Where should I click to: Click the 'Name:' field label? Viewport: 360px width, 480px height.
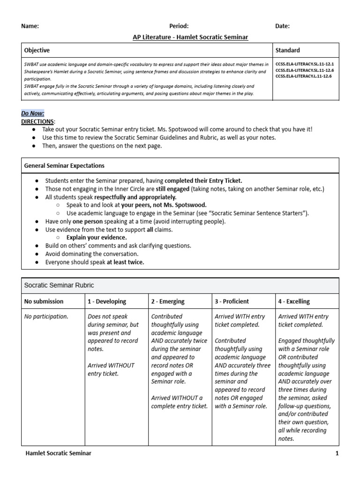pos(30,26)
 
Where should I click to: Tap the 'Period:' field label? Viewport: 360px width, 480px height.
pos(179,26)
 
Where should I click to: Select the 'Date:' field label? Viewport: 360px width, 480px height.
pos(282,26)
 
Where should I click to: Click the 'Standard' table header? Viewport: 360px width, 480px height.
pos(288,50)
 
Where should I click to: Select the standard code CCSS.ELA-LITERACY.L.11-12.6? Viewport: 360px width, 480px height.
pos(303,76)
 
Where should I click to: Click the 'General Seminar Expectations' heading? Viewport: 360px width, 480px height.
pos(64,166)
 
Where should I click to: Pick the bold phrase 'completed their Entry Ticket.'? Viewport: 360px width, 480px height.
pos(204,180)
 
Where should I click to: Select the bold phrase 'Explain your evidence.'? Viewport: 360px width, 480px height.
pos(97,237)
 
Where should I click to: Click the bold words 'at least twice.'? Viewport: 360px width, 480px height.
pos(125,262)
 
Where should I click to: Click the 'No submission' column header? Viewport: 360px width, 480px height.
pos(44,301)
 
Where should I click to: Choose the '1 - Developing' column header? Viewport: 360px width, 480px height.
pos(106,301)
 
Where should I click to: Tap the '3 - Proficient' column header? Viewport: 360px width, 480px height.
pos(232,301)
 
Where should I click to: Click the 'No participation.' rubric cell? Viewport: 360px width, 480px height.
pos(46,316)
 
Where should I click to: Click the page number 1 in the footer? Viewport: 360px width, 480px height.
pos(337,453)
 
